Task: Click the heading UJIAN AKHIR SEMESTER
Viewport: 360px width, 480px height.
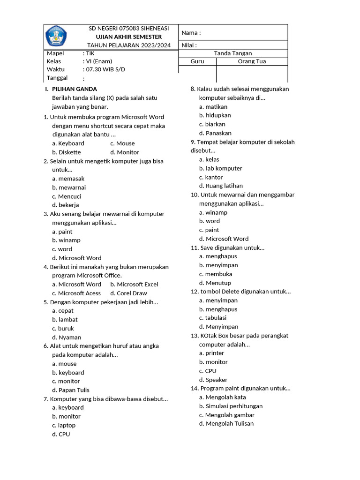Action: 128,37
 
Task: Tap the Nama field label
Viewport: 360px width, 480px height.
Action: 191,33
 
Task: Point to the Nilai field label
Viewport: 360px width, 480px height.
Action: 189,45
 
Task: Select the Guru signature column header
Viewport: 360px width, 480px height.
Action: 197,61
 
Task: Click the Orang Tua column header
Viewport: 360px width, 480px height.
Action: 252,61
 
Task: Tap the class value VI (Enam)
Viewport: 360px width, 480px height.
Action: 97,61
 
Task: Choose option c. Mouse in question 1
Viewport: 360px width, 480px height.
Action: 122,143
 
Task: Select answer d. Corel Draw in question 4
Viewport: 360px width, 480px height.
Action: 128,293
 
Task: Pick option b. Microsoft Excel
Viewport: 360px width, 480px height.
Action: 134,285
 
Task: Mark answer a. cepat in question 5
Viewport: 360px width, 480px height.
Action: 63,311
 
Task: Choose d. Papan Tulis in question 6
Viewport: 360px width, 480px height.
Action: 71,390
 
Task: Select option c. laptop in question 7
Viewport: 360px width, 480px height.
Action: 64,425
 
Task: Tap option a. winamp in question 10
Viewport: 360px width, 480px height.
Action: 213,212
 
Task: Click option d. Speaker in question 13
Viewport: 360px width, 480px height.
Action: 213,380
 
